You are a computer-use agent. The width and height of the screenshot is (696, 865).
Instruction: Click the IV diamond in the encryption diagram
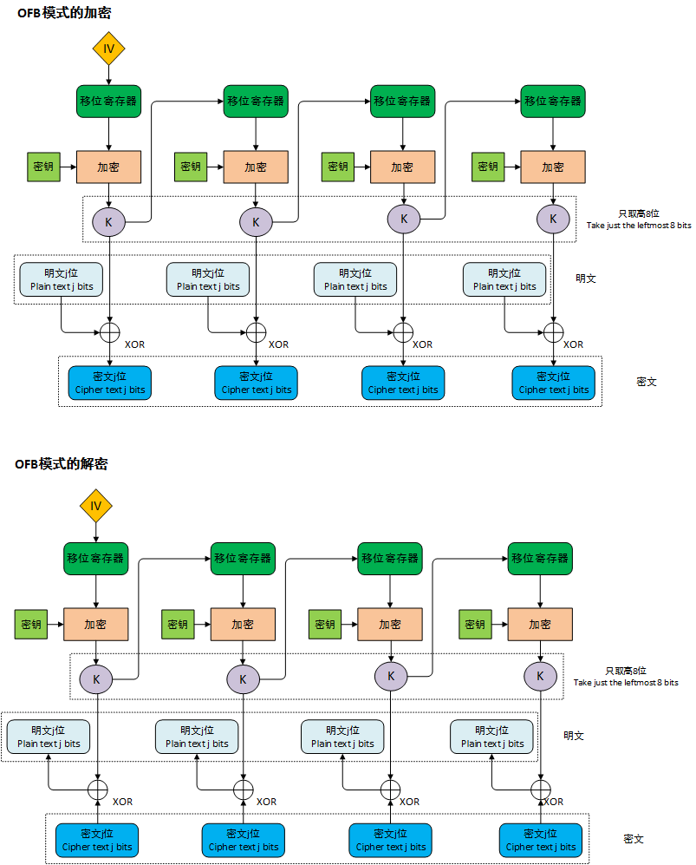point(108,49)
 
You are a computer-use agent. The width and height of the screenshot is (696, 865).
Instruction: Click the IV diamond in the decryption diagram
point(96,506)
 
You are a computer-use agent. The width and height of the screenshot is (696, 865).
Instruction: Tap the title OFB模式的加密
point(64,13)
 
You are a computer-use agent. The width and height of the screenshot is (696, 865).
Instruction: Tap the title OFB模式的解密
point(62,464)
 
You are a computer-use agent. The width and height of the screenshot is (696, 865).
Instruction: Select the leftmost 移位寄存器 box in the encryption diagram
point(108,101)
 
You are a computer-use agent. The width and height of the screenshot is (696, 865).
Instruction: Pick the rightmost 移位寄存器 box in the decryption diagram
point(540,559)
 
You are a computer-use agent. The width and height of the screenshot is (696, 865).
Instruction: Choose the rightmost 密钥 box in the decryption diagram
point(474,624)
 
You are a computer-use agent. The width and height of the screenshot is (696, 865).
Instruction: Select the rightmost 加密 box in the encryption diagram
point(553,167)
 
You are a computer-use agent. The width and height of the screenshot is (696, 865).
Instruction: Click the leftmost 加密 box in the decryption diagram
point(95,624)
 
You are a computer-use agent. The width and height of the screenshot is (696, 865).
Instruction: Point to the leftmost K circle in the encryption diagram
point(108,221)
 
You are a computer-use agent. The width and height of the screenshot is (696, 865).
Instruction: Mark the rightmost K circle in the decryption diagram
point(540,676)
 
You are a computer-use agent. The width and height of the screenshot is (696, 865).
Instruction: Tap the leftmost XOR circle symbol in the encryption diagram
point(109,331)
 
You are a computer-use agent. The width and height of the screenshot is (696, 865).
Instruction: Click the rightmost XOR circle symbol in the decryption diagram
point(541,789)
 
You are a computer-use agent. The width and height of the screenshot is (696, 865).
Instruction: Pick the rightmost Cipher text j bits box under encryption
point(554,383)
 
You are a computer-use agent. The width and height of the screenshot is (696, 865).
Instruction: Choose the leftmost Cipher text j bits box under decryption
point(97,840)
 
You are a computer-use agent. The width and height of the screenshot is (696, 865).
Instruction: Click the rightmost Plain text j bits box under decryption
point(492,737)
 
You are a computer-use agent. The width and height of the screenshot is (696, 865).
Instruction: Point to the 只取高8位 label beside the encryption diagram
point(638,213)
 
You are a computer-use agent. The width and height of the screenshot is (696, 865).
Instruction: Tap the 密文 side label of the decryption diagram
point(634,839)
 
